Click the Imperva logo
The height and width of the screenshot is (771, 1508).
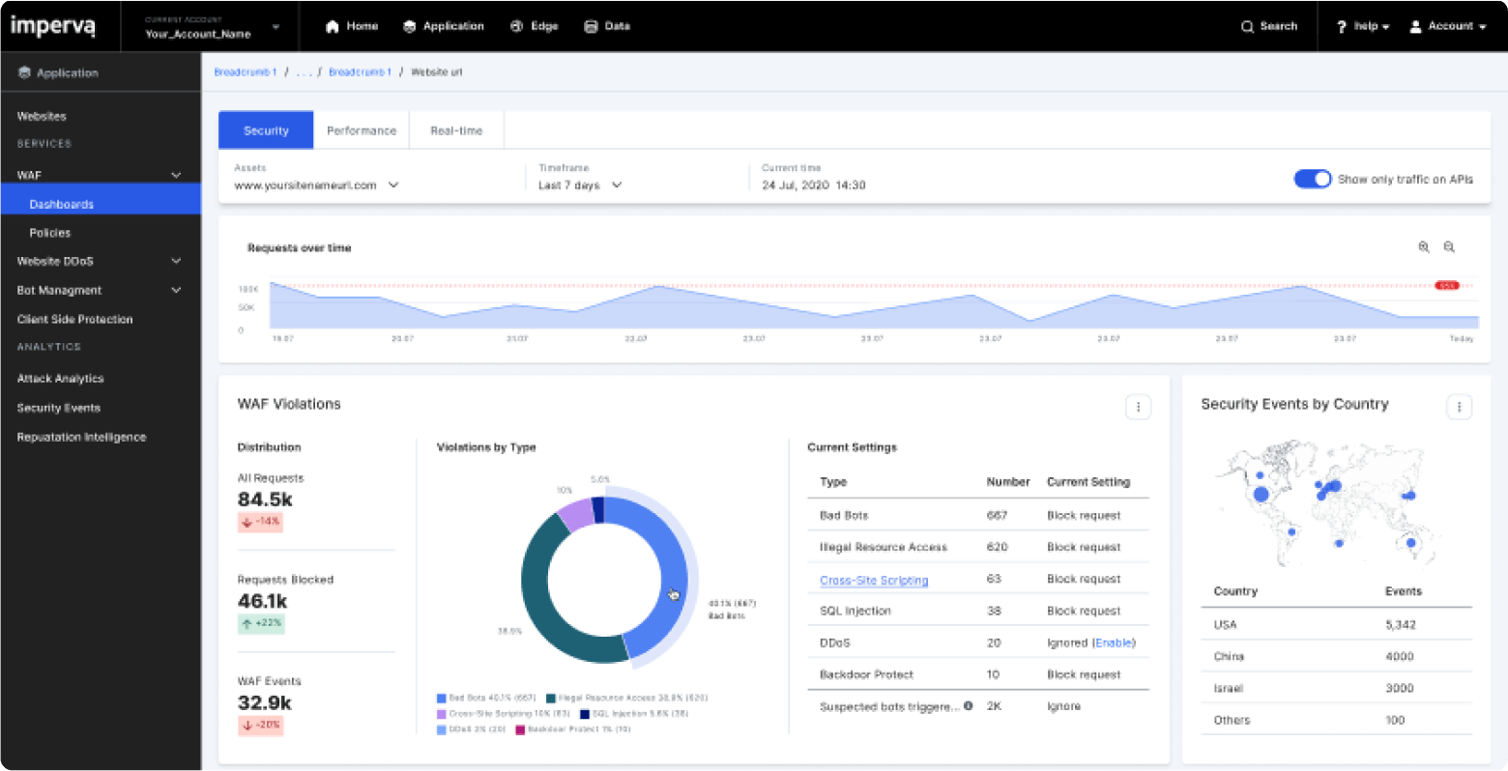click(x=52, y=26)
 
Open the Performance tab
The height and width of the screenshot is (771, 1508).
click(x=362, y=130)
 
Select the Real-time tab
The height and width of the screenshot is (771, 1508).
click(x=456, y=130)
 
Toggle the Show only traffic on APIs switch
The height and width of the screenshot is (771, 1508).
click(x=1312, y=179)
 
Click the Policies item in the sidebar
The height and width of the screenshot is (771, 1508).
click(x=50, y=233)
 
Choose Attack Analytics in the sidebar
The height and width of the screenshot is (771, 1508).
click(x=60, y=379)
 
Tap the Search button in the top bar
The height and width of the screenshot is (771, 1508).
click(x=1269, y=26)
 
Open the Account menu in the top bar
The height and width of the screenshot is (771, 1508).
click(x=1447, y=26)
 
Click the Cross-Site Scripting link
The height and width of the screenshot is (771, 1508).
click(x=874, y=580)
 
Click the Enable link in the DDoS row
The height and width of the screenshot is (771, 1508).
click(x=1114, y=642)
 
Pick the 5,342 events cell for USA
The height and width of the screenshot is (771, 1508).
click(x=1400, y=625)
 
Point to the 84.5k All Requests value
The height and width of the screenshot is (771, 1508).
click(x=265, y=500)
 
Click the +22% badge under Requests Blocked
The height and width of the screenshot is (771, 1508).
click(x=261, y=623)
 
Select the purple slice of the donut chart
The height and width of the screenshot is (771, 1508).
click(x=576, y=515)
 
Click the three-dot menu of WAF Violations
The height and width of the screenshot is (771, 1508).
click(x=1138, y=408)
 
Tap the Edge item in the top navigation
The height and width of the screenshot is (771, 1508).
click(x=535, y=26)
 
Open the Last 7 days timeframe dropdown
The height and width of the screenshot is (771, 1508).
click(x=580, y=185)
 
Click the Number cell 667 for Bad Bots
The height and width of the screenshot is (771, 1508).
click(x=997, y=515)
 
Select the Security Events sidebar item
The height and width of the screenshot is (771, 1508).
click(x=59, y=408)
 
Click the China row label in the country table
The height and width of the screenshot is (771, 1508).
click(x=1229, y=656)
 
